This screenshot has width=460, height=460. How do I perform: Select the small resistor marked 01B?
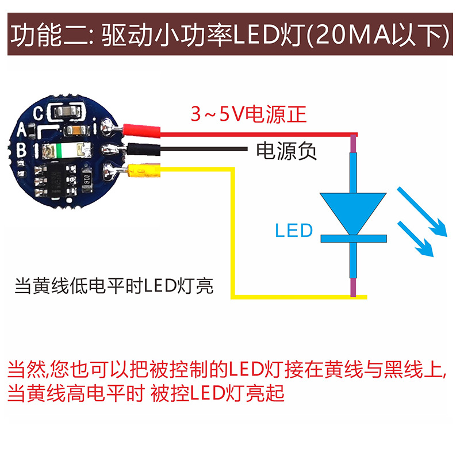86,182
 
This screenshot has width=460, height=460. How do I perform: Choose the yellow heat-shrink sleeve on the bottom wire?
141,170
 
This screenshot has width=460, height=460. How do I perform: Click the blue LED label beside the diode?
293,231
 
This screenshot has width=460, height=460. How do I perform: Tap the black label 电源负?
286,151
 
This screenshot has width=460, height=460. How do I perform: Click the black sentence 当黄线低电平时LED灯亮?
114,285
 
